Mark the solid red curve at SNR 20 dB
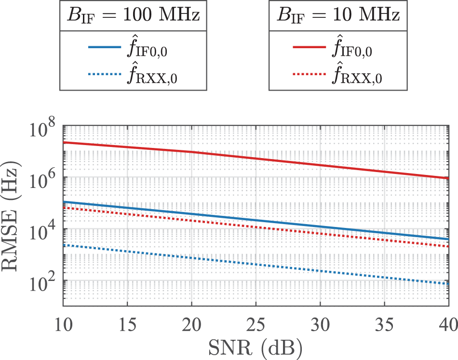(x=192, y=152)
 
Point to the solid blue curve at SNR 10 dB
(x=64, y=202)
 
